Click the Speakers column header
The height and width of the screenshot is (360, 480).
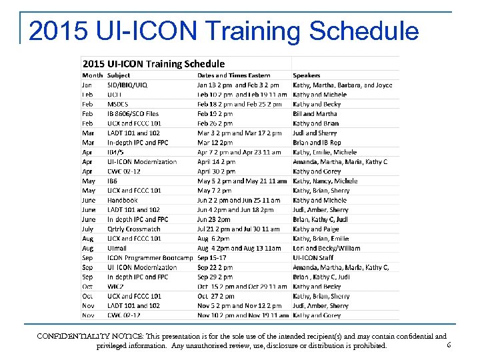tap(307, 75)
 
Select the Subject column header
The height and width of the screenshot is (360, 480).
tap(119, 75)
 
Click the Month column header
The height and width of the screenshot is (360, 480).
tap(92, 75)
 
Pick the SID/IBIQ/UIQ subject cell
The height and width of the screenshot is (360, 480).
tap(127, 85)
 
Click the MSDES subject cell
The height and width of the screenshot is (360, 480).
tap(118, 105)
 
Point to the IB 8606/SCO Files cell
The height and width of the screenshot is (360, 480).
tap(133, 114)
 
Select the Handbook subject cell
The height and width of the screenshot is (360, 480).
tap(122, 200)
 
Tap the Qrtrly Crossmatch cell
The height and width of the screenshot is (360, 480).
tap(133, 229)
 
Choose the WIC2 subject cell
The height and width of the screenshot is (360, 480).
tap(115, 287)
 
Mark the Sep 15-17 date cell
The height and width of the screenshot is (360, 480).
tap(212, 258)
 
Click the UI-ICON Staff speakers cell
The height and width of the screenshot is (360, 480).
tap(313, 258)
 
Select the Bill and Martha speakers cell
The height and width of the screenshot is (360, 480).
tap(315, 114)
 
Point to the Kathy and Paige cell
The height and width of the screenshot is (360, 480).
tap(316, 229)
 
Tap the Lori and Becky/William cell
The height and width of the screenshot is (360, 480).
tap(326, 248)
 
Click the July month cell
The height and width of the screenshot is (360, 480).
tap(89, 229)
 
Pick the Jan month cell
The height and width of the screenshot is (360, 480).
tap(87, 85)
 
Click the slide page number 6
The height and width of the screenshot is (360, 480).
tap(449, 345)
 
